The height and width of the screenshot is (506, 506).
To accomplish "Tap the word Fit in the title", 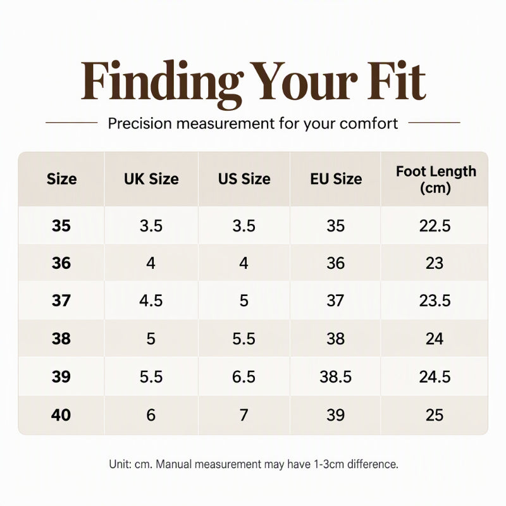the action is pyautogui.click(x=397, y=80).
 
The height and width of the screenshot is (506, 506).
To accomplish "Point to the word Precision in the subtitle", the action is pyautogui.click(x=140, y=123).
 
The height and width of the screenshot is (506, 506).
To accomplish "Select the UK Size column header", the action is pyautogui.click(x=151, y=179).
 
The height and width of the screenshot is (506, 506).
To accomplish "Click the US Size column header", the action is pyautogui.click(x=244, y=179).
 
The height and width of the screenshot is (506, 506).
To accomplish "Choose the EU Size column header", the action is pyautogui.click(x=336, y=179).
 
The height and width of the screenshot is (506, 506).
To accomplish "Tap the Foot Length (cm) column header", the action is pyautogui.click(x=436, y=180).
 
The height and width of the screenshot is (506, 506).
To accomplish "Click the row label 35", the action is pyautogui.click(x=61, y=226).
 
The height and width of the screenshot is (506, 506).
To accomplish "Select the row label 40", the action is pyautogui.click(x=61, y=415).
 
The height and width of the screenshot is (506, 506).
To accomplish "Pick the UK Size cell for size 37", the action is pyautogui.click(x=151, y=301).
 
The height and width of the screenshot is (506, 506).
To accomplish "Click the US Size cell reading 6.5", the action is pyautogui.click(x=244, y=377).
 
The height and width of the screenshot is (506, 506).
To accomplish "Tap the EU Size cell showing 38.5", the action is pyautogui.click(x=336, y=377).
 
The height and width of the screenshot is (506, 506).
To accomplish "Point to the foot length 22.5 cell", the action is pyautogui.click(x=435, y=226).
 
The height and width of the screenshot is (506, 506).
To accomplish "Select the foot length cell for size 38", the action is pyautogui.click(x=435, y=339).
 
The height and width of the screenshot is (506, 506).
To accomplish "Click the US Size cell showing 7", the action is pyautogui.click(x=244, y=415).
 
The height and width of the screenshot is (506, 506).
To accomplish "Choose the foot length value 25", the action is pyautogui.click(x=435, y=415).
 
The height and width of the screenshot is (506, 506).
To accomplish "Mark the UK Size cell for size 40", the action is pyautogui.click(x=151, y=415).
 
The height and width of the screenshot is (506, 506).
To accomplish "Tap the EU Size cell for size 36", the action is pyautogui.click(x=336, y=263).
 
